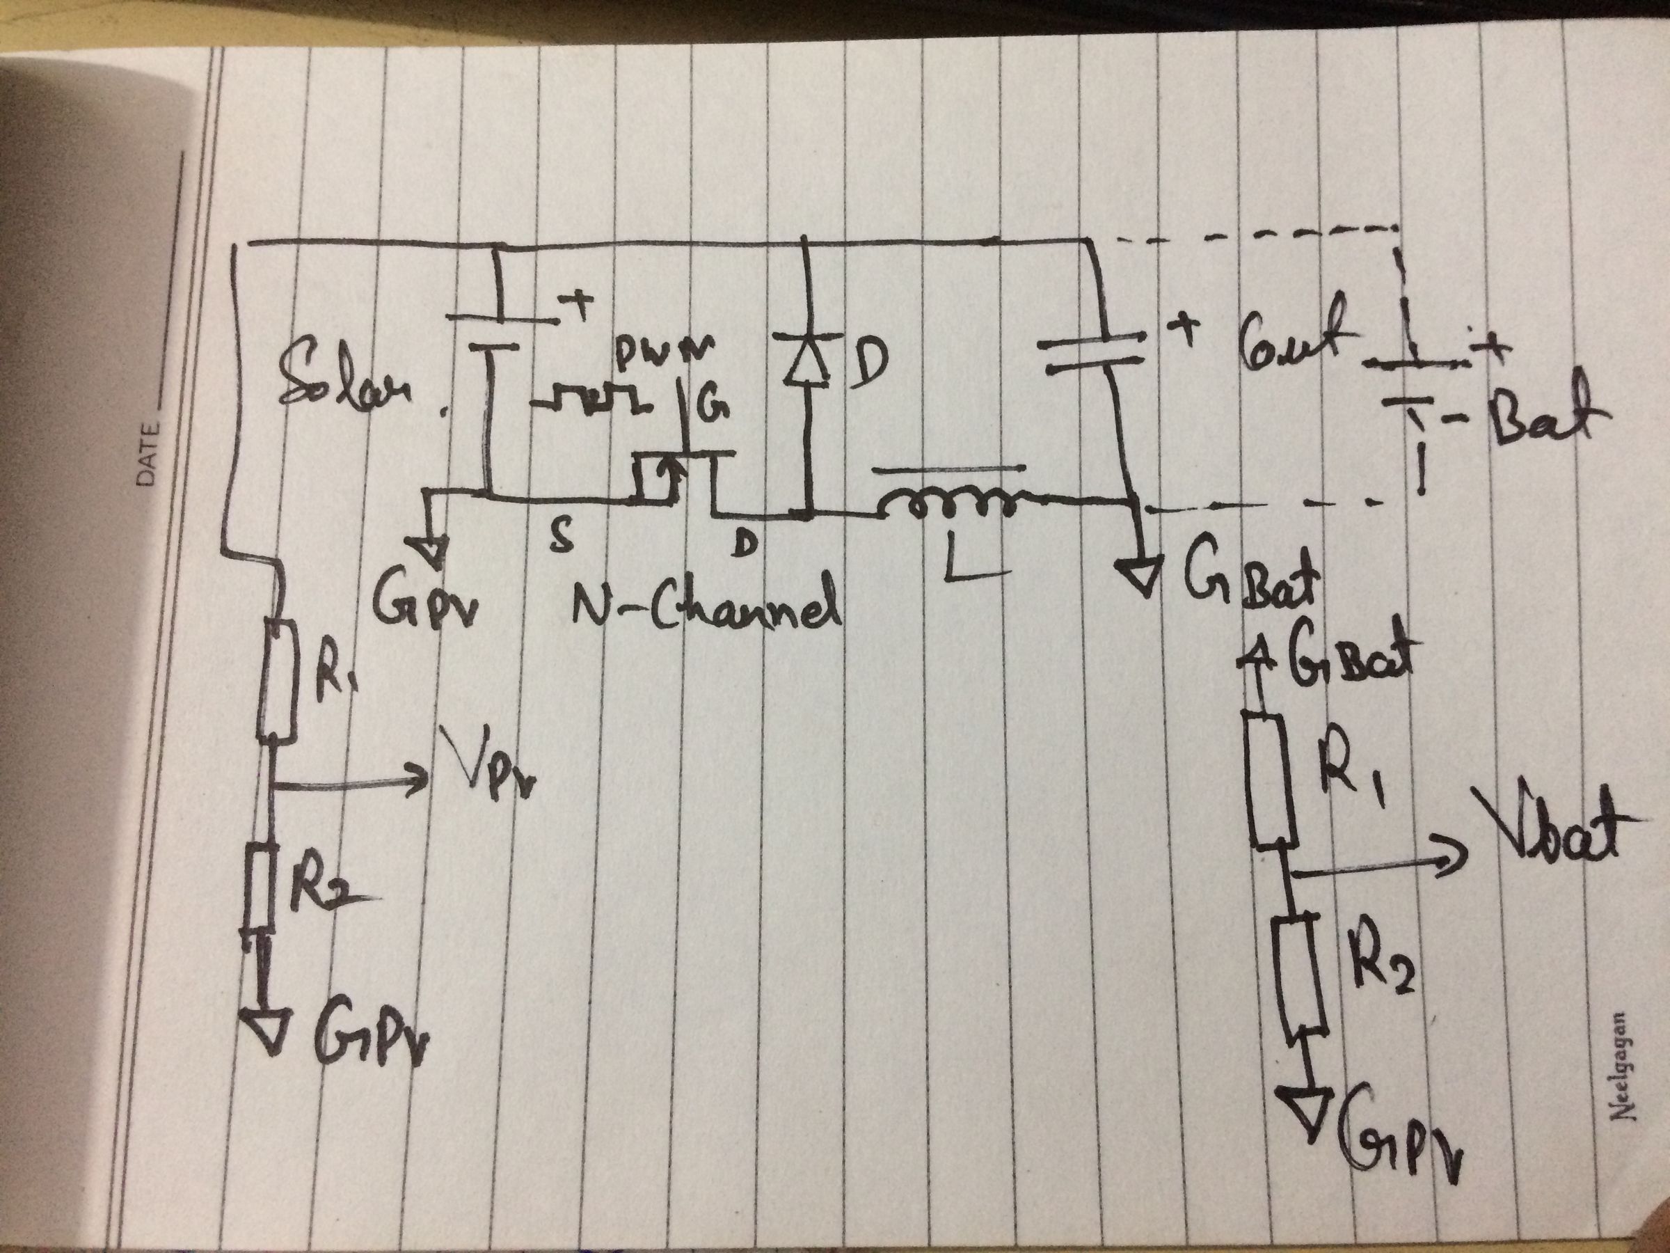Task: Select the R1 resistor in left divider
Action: pyautogui.click(x=275, y=679)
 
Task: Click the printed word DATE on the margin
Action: pyautogui.click(x=149, y=453)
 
